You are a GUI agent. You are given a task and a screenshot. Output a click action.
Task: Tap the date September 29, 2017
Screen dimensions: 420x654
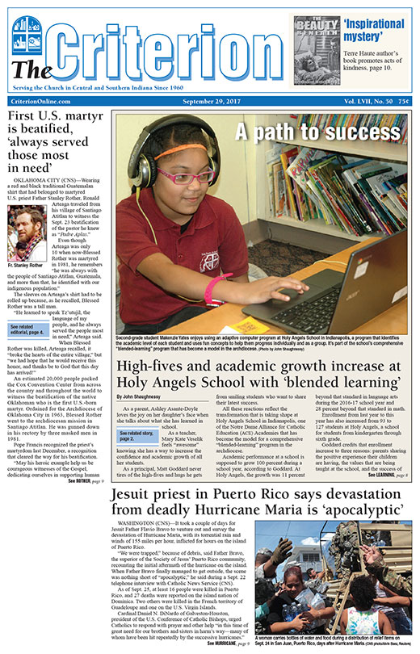209,100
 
